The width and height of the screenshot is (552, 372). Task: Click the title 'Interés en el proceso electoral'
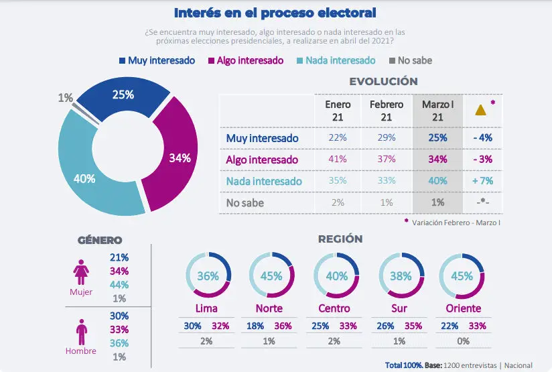point(275,13)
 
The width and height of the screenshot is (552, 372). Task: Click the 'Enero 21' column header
point(338,111)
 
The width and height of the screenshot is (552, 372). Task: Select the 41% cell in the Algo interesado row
point(338,160)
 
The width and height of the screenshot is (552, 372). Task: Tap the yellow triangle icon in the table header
point(480,110)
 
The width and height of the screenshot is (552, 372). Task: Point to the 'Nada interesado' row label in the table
point(264,181)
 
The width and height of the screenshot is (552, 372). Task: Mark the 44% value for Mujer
point(121,285)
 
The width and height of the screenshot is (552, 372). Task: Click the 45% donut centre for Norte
point(272,276)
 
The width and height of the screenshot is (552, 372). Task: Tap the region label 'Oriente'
point(463,309)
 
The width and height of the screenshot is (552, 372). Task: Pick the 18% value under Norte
point(255,326)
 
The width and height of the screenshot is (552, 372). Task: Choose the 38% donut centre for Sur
point(401,276)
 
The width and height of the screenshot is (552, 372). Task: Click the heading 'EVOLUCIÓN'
point(383,81)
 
